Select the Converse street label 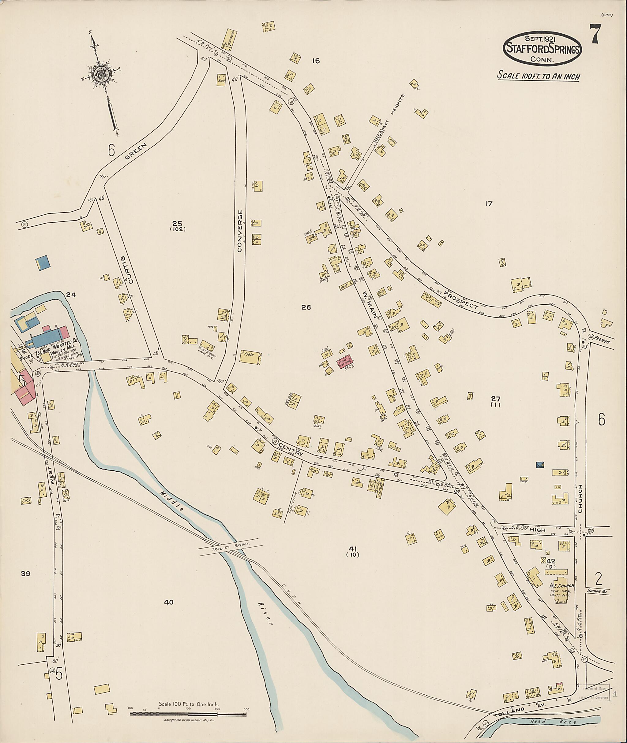pyautogui.click(x=240, y=231)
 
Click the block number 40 pyautogui.click(x=168, y=602)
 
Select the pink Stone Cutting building pyautogui.click(x=344, y=362)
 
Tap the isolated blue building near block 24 pyautogui.click(x=43, y=262)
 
